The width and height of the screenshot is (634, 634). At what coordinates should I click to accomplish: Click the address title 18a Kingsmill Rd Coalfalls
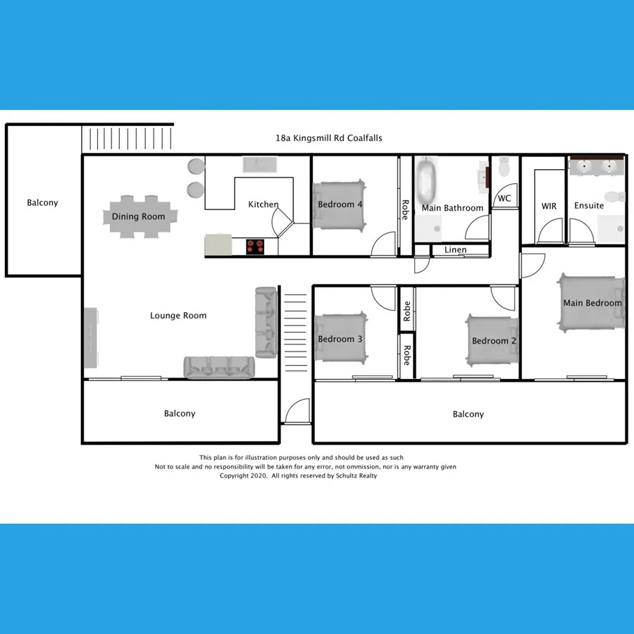point(329,139)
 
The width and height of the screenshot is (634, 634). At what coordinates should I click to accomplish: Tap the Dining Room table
point(139,216)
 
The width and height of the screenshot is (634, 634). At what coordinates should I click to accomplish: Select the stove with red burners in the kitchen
point(255,246)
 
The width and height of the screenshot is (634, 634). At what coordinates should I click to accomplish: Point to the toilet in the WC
point(504,167)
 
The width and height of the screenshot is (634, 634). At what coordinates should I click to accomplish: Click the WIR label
point(549,206)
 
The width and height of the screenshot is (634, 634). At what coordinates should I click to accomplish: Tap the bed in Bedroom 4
point(341,205)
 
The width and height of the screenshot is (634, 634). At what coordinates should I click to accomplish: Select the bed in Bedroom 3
point(340,338)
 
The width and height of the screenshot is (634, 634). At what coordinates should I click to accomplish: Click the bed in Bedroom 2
point(492,340)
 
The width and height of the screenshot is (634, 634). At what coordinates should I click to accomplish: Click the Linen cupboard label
point(455,250)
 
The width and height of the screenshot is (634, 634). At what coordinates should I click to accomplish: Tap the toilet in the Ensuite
point(614,196)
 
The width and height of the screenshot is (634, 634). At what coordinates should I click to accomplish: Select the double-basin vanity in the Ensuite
point(596,166)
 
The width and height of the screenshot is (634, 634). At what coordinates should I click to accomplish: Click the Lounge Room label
point(178,316)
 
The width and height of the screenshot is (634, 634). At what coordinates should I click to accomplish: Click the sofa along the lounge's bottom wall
point(219,367)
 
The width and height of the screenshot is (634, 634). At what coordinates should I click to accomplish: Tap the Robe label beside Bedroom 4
point(405,210)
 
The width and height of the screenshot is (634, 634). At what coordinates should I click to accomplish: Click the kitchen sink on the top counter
point(260,165)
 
